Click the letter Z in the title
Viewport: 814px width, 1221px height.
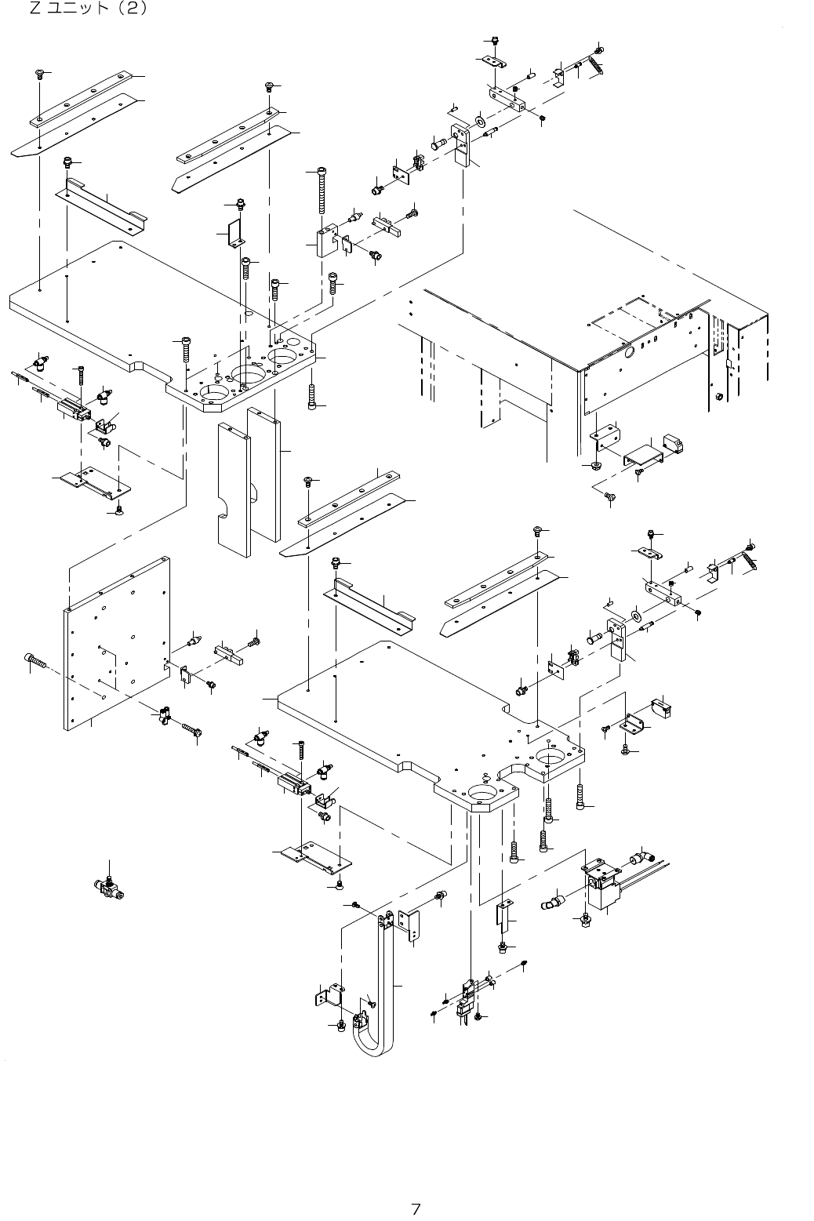point(34,10)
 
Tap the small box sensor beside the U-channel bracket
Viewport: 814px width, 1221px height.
point(674,444)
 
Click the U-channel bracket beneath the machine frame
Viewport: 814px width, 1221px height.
point(643,456)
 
